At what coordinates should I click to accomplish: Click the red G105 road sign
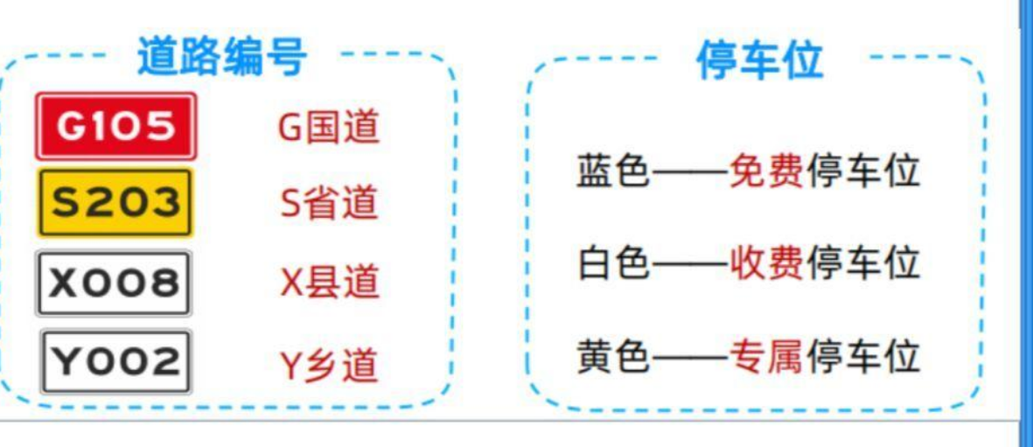(x=115, y=126)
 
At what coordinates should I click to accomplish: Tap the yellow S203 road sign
(x=115, y=202)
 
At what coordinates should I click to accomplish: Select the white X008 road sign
(x=114, y=283)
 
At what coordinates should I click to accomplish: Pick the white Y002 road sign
(x=115, y=361)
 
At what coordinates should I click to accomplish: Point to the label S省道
(x=329, y=204)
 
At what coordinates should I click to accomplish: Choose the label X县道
(x=329, y=283)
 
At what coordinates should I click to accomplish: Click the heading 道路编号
(x=222, y=58)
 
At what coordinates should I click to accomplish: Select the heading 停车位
(x=759, y=60)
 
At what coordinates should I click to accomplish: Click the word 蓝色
(x=613, y=171)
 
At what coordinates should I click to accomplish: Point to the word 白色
(x=613, y=262)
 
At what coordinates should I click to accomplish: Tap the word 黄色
(x=613, y=356)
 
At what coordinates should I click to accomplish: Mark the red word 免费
(x=766, y=171)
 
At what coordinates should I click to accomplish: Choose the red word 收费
(x=766, y=262)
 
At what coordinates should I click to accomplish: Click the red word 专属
(x=766, y=356)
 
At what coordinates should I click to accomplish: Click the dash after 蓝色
(x=690, y=172)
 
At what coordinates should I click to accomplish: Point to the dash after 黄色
(x=690, y=358)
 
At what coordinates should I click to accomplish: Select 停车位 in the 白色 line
(x=862, y=262)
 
